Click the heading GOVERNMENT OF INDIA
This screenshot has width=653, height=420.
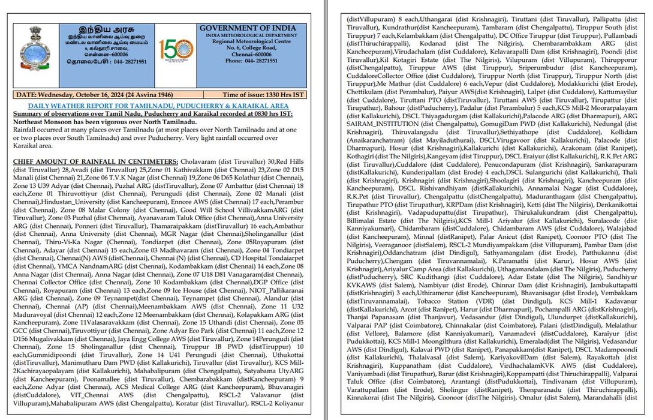(247, 29)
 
